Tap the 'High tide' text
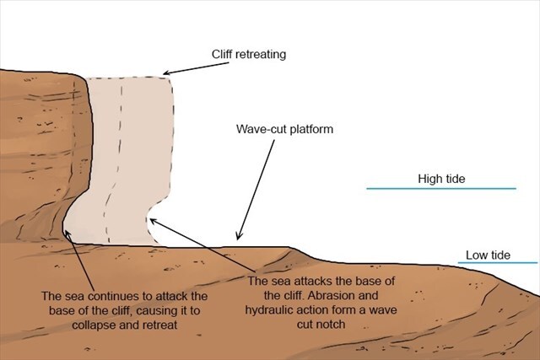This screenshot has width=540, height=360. pos(441,179)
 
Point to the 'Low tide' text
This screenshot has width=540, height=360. pos(490,254)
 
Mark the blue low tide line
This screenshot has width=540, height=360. pos(498,263)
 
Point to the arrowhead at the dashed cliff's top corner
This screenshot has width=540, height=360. pos(165,73)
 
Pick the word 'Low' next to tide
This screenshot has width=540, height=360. pos(478,254)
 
